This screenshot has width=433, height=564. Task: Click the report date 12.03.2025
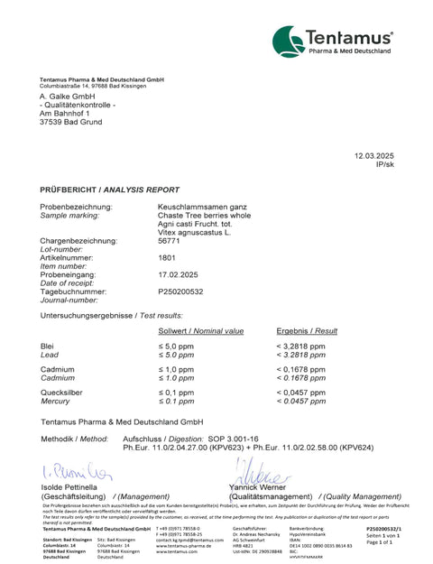[374, 157]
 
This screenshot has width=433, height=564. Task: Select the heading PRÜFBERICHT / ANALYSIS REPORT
[109, 191]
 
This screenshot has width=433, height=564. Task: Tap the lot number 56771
[169, 241]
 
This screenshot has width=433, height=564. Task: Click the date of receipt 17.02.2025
[177, 274]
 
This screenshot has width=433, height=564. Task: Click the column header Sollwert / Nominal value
[201, 331]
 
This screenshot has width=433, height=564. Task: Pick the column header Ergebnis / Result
[307, 331]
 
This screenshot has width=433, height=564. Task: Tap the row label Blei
[48, 347]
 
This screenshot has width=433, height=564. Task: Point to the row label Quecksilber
[61, 393]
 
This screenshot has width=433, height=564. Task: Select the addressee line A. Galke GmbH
[68, 96]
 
